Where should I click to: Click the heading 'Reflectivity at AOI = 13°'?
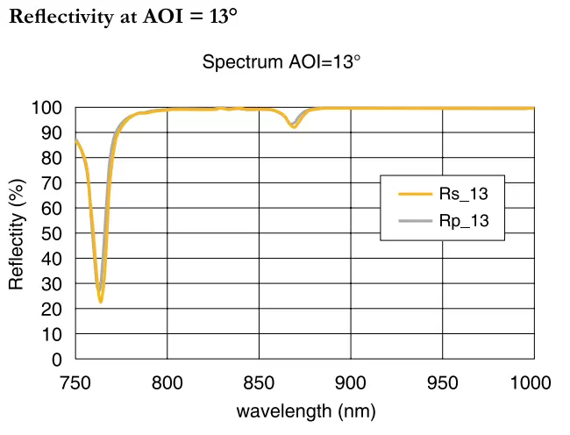[124, 18]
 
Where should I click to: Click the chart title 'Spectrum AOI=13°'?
[281, 62]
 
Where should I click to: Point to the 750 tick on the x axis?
[75, 382]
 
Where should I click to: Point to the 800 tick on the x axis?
[167, 382]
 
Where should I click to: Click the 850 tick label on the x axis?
[259, 382]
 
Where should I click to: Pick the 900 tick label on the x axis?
[351, 382]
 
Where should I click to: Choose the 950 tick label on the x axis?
[442, 382]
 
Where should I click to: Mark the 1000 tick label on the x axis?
[531, 382]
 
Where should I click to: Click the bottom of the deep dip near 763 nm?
[101, 302]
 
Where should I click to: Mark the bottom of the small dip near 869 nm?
[294, 127]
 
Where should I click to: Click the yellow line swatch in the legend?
[414, 195]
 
